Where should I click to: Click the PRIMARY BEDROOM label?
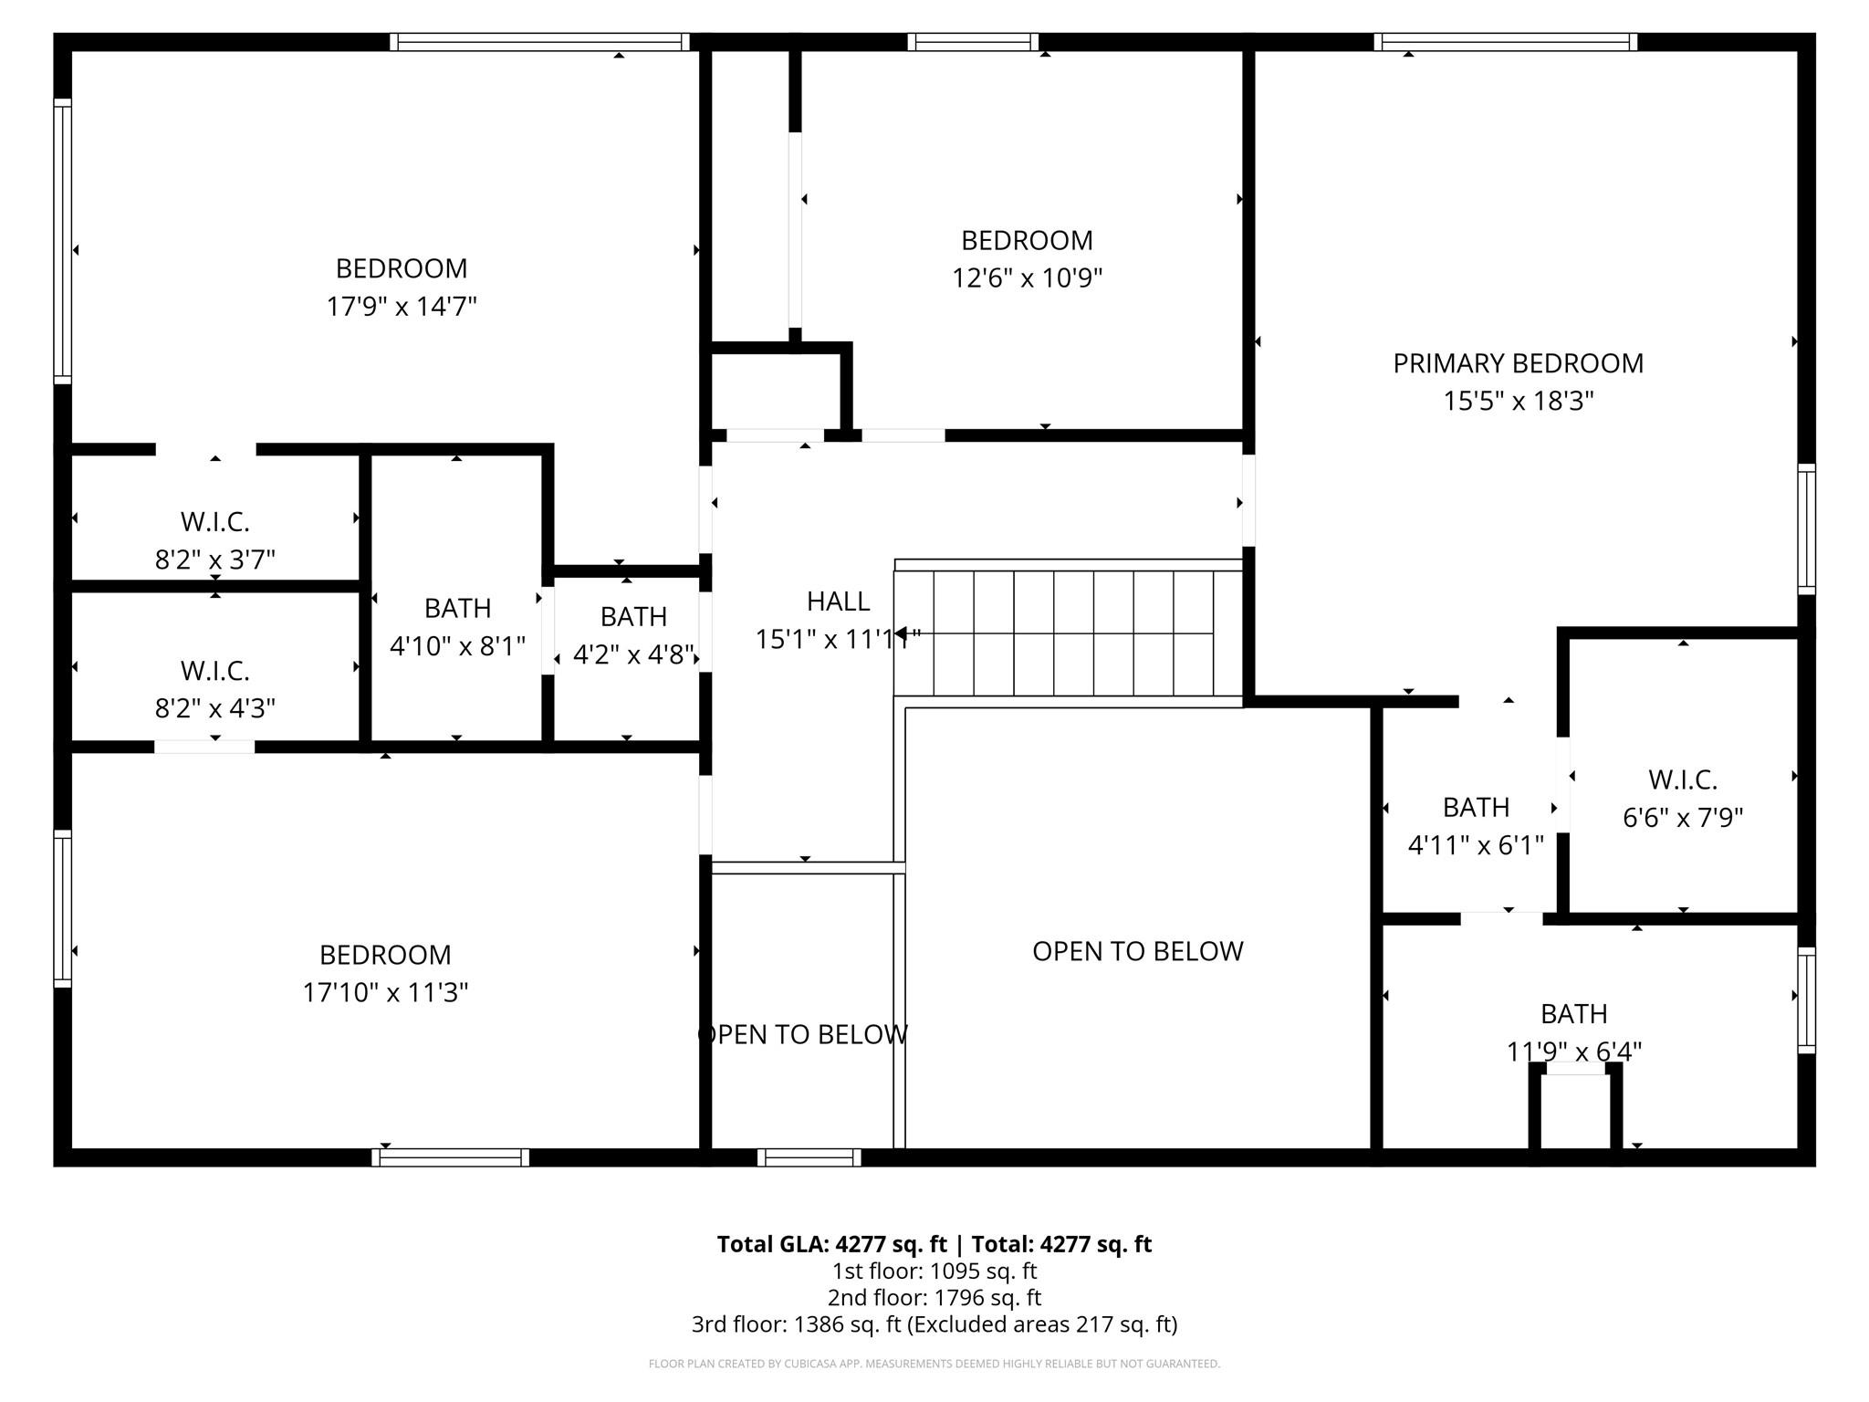tap(1518, 363)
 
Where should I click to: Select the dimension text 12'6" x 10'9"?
tap(1027, 277)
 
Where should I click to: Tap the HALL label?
tap(838, 601)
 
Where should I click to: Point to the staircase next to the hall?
tap(1068, 633)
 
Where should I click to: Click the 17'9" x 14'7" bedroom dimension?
tap(402, 306)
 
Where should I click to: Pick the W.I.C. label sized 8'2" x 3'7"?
tap(215, 522)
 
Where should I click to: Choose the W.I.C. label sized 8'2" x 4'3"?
tap(215, 671)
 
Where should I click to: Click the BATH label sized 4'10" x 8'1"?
tap(457, 608)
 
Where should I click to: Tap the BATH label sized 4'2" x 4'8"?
tap(633, 617)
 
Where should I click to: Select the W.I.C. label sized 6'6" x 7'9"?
tap(1682, 780)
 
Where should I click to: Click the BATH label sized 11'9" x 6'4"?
tap(1573, 1013)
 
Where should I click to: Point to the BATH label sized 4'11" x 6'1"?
tap(1476, 807)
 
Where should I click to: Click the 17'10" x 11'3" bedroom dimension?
tap(385, 992)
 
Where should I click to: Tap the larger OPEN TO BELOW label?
tap(1137, 951)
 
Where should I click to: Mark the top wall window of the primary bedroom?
tap(1505, 42)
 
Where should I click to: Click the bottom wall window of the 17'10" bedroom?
tap(450, 1157)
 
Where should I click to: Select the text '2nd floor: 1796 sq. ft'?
tap(934, 1297)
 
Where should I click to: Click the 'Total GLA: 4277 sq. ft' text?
tap(831, 1244)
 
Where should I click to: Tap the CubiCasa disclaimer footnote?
tap(934, 1364)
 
